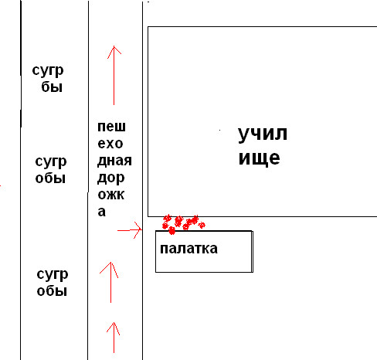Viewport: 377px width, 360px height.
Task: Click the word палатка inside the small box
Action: click(x=188, y=249)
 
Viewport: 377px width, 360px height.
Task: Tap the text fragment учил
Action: click(x=263, y=134)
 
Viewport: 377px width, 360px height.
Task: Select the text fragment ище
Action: click(x=259, y=158)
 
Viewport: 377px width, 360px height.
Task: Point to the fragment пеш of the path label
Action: click(x=111, y=127)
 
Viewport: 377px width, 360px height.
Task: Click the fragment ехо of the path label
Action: click(x=110, y=144)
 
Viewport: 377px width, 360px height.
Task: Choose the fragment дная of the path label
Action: click(x=114, y=161)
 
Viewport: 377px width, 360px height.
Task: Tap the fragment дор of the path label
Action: click(x=111, y=178)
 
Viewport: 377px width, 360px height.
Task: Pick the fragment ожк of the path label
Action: click(x=111, y=195)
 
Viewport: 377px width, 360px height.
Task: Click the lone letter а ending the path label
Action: click(x=101, y=212)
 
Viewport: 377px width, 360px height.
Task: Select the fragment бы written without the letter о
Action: click(x=52, y=87)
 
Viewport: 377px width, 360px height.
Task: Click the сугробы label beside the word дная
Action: click(x=51, y=170)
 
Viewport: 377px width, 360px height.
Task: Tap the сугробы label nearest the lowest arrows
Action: click(x=53, y=283)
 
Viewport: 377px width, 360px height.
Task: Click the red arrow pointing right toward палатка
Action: click(x=130, y=230)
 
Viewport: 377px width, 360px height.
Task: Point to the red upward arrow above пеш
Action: click(x=114, y=75)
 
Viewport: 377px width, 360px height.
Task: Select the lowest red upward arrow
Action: click(x=114, y=338)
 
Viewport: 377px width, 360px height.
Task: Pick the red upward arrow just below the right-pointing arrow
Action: click(x=110, y=282)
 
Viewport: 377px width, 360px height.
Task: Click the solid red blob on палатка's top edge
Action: click(x=172, y=231)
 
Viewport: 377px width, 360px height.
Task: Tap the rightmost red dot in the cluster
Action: click(x=202, y=225)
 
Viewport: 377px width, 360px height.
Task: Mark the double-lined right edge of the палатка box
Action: click(x=252, y=252)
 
